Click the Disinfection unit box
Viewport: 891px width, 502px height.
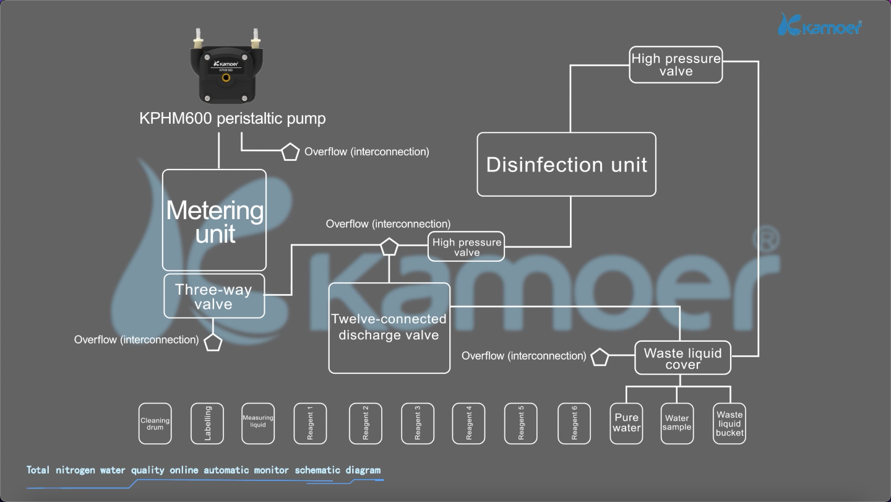[x=566, y=164]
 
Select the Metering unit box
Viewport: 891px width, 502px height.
[x=214, y=220]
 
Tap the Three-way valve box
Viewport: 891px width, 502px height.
[x=214, y=296]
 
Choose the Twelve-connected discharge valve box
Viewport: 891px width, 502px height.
[x=389, y=328]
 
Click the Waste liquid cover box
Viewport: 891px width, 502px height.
[x=682, y=358]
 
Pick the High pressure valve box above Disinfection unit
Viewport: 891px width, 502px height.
[x=676, y=64]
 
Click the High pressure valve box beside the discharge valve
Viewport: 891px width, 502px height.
[x=466, y=247]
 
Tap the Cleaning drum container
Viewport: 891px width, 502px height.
[x=155, y=424]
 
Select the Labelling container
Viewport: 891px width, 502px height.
[x=207, y=424]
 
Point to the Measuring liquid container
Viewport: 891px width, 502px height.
[x=257, y=424]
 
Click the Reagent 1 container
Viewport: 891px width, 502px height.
[x=309, y=424]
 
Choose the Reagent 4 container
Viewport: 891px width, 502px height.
[x=468, y=424]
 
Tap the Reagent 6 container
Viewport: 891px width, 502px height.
[x=574, y=424]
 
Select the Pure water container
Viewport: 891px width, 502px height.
[x=626, y=424]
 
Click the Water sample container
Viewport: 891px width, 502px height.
[x=677, y=424]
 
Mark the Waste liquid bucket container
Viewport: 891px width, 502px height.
[x=730, y=424]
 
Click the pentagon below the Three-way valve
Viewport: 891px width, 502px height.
[x=213, y=342]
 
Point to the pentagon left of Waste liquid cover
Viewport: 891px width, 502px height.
[x=600, y=357]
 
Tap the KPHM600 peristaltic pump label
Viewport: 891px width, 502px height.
[x=232, y=118]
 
